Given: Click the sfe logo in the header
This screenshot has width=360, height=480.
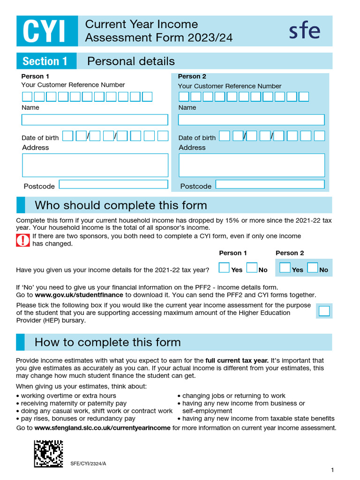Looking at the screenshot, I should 304,31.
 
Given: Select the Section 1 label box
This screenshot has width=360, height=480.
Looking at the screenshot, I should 46,61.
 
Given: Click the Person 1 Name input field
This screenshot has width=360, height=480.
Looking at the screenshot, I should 95,120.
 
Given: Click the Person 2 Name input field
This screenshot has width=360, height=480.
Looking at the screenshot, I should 251,120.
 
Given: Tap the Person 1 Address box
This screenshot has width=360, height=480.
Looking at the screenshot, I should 95,165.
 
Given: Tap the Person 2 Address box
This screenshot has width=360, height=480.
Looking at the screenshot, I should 251,165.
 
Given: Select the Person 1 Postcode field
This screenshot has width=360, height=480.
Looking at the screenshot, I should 113,184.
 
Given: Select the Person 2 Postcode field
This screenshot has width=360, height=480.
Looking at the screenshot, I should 270,184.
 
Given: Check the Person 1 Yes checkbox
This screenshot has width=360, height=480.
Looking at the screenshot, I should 225,268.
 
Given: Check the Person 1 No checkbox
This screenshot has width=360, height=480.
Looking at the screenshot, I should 252,268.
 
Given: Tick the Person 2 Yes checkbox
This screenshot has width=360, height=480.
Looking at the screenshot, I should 285,268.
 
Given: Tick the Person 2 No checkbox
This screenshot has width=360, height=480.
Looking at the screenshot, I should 313,268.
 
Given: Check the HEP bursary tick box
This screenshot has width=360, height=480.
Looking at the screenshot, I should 324,311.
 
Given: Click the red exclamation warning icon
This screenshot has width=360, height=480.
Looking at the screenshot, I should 23,240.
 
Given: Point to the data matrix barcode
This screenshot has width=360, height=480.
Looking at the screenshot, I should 48,453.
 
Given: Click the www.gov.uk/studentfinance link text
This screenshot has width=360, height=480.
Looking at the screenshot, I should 79,295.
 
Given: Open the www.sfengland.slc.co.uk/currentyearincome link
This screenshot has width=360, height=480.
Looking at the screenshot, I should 102,428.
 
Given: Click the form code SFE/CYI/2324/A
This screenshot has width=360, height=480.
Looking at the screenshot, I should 88,464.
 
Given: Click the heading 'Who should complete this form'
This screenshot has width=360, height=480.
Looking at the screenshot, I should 120,205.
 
